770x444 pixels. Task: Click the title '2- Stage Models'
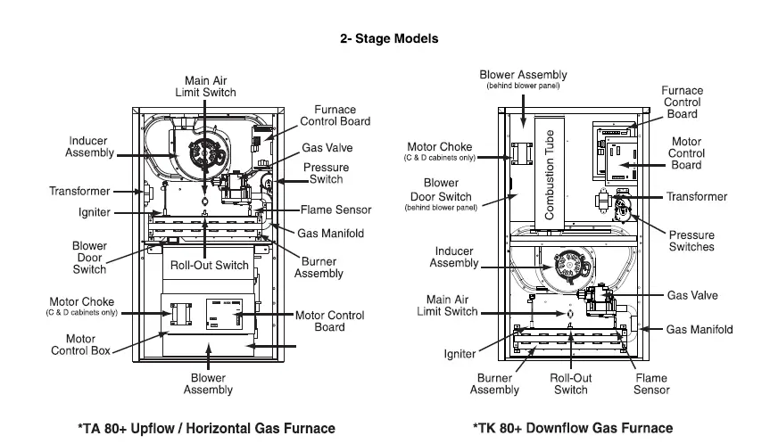click(389, 38)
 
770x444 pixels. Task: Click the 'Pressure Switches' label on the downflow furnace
click(691, 241)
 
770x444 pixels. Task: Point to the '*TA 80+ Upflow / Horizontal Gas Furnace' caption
click(207, 429)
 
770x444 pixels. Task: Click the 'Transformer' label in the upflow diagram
click(79, 192)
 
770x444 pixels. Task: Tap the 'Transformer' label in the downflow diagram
click(697, 196)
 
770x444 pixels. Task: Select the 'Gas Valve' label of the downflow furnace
click(691, 295)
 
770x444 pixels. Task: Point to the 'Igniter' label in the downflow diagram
click(460, 354)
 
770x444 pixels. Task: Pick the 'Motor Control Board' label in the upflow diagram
click(329, 321)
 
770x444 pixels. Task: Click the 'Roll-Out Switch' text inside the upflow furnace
click(210, 265)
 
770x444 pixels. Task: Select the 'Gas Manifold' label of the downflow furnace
click(700, 329)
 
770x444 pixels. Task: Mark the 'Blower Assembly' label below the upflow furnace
click(208, 383)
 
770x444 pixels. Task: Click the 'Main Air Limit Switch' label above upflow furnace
click(211, 86)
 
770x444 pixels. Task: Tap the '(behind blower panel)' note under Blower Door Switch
click(441, 207)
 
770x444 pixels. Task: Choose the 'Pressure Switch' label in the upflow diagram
click(326, 173)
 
